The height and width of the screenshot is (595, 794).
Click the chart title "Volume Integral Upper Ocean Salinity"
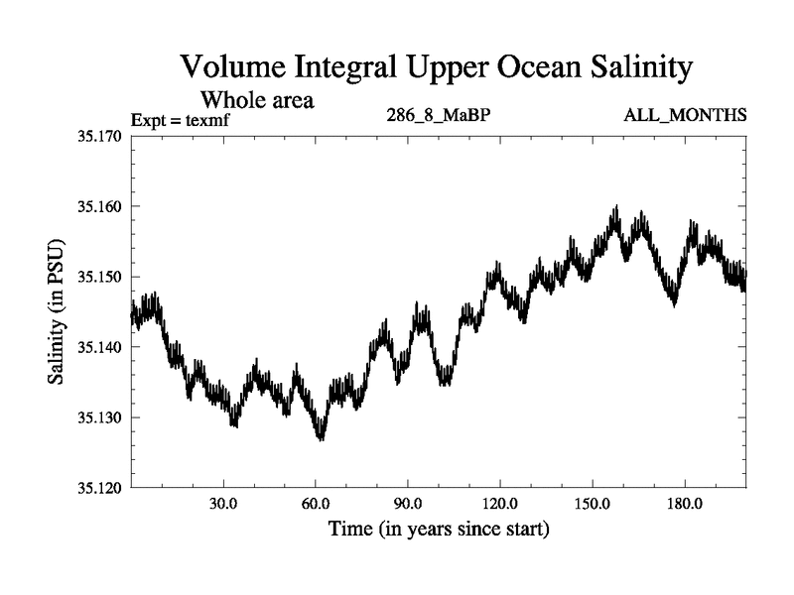click(436, 67)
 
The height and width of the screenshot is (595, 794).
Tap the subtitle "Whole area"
click(257, 99)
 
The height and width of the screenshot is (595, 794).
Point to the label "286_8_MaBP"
click(439, 116)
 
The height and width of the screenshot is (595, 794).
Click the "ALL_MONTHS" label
click(685, 116)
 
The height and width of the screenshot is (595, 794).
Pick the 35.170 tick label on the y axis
click(96, 136)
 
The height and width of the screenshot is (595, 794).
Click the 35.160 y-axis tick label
click(96, 206)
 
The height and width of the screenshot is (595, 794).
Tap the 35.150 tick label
click(96, 277)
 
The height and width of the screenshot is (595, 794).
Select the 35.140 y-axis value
click(96, 347)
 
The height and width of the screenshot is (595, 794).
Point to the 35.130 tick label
click(96, 417)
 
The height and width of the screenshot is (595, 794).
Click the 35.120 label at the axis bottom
click(96, 488)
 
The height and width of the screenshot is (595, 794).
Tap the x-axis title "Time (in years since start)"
click(439, 530)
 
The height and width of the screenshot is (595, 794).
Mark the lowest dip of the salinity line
click(321, 437)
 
